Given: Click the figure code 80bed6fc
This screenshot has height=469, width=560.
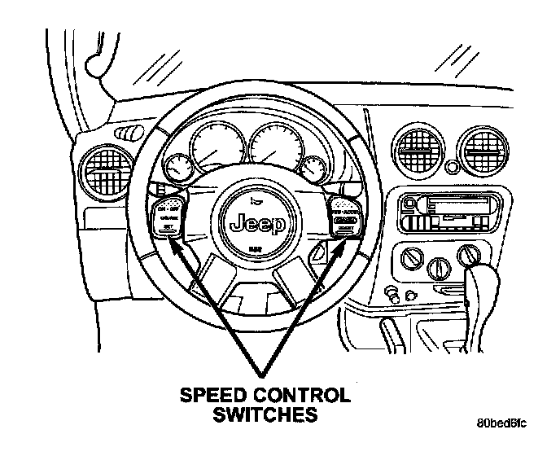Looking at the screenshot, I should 502,423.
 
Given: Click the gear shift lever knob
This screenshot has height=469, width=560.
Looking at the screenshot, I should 478,286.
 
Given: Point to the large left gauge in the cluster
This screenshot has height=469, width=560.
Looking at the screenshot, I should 217,149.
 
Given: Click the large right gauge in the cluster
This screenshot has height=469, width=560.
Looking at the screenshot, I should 273,149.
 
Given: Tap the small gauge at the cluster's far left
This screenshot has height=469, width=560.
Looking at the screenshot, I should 175,169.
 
